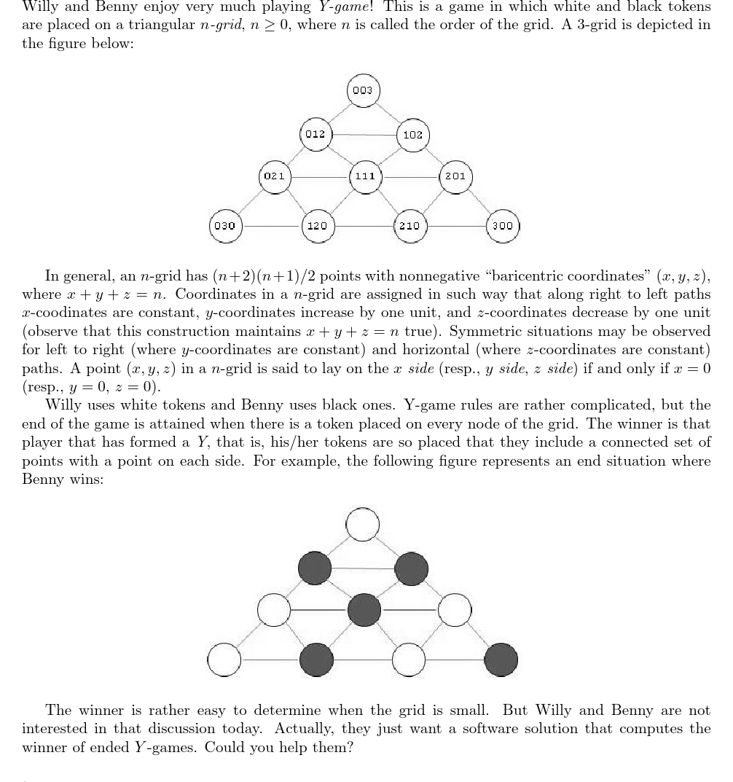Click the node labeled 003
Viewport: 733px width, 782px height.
coord(362,90)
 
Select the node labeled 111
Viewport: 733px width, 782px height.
coord(364,176)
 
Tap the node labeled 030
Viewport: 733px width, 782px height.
coord(224,225)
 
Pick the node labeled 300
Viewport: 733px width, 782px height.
coord(502,225)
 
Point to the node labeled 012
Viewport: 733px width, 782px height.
coord(315,135)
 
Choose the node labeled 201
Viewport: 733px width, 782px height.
coord(455,176)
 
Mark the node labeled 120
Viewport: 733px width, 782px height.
coord(316,225)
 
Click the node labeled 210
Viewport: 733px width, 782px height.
coord(409,225)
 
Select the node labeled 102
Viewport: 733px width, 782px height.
coord(412,135)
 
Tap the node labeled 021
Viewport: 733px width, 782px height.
coord(275,176)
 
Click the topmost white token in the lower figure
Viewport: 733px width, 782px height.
coord(363,524)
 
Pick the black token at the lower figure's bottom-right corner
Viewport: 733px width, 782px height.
coord(501,660)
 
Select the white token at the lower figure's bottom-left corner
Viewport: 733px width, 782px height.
coord(224,660)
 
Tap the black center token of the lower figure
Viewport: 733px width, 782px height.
coord(364,610)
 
